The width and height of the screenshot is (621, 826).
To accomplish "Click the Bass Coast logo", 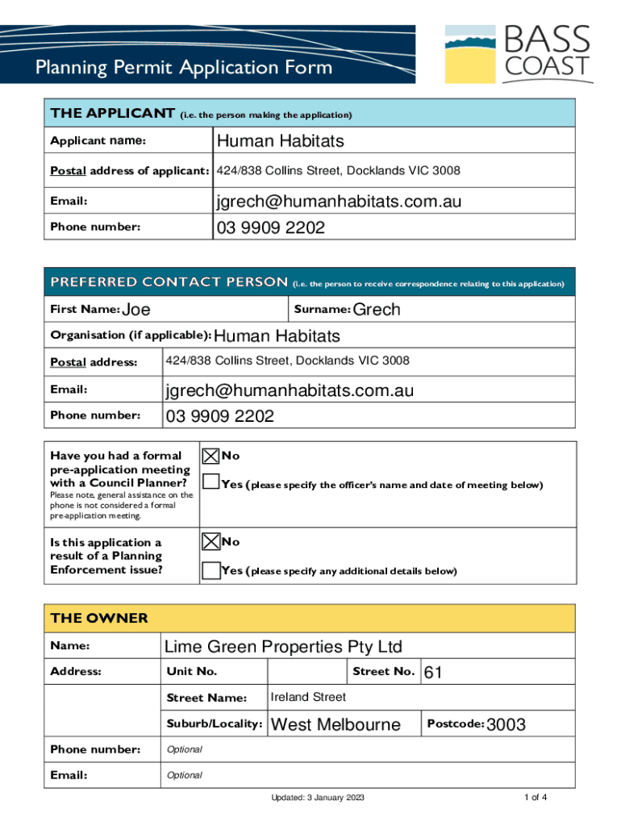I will pyautogui.click(x=519, y=53).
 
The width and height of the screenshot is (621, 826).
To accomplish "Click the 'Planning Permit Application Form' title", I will pyautogui.click(x=183, y=67).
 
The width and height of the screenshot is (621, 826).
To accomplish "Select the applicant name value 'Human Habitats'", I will pyautogui.click(x=279, y=141).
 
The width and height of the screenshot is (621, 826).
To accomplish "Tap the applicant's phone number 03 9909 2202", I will pyautogui.click(x=269, y=228).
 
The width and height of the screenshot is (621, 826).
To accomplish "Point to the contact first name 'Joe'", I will pyautogui.click(x=135, y=310).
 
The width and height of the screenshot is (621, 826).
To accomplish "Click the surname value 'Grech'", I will pyautogui.click(x=377, y=310).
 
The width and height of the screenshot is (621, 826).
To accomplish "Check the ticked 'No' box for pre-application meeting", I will pyautogui.click(x=210, y=456).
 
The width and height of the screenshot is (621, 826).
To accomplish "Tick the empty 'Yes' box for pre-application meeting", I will pyautogui.click(x=210, y=483).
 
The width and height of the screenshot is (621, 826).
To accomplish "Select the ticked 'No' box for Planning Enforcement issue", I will pyautogui.click(x=210, y=541).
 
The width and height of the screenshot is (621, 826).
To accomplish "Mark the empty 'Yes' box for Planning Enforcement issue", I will pyautogui.click(x=210, y=570).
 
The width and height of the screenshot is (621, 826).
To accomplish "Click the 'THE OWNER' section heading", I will pyautogui.click(x=99, y=619).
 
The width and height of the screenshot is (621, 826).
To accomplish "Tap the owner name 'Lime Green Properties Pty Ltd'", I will pyautogui.click(x=283, y=647).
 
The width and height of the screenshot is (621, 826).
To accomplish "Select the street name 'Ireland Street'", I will pyautogui.click(x=308, y=697).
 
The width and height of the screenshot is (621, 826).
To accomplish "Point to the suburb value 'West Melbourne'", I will pyautogui.click(x=336, y=724).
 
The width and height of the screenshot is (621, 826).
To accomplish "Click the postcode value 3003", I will pyautogui.click(x=506, y=724).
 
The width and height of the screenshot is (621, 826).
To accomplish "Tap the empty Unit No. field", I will pyautogui.click(x=306, y=672).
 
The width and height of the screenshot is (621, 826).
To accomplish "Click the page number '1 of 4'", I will pyautogui.click(x=536, y=798).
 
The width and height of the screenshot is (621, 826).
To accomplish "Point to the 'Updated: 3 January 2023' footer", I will pyautogui.click(x=318, y=798).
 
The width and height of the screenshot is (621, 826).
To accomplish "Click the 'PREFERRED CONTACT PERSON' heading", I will pyautogui.click(x=169, y=282).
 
